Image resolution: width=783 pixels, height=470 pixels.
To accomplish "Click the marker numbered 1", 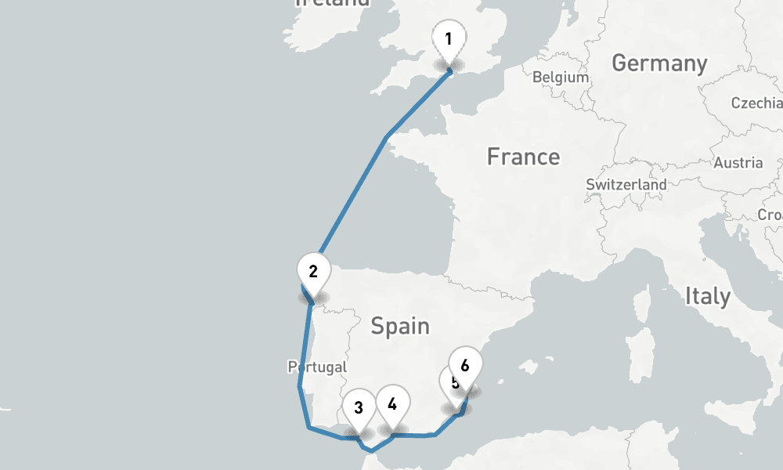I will tap(448, 40).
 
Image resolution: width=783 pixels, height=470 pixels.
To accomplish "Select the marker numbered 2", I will tap(312, 273).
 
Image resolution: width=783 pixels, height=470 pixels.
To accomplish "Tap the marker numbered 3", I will tap(359, 407).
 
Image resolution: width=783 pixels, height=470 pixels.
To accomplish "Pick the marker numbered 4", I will tap(392, 404).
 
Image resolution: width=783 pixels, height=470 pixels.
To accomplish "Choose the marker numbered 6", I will tap(465, 366).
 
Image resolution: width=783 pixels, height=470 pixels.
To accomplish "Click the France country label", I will tap(523, 157).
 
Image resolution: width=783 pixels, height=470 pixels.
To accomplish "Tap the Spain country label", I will tap(400, 325).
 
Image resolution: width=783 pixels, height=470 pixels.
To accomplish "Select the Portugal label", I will tap(317, 367).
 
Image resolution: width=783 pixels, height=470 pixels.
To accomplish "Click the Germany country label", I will tap(659, 63).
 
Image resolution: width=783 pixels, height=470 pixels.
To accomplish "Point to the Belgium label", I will tap(560, 78).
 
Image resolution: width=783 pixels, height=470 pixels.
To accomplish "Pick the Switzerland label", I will tap(626, 185).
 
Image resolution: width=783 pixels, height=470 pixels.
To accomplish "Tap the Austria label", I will tap(738, 163).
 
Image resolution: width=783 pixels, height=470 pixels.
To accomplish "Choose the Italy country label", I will tap(708, 296).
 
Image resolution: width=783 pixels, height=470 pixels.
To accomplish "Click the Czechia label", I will tap(756, 103).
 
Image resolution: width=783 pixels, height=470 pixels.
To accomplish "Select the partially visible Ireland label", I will tap(332, 3).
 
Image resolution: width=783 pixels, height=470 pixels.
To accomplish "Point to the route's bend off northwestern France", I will tap(387, 139).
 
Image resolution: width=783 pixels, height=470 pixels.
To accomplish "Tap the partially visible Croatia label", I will tap(770, 215).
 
